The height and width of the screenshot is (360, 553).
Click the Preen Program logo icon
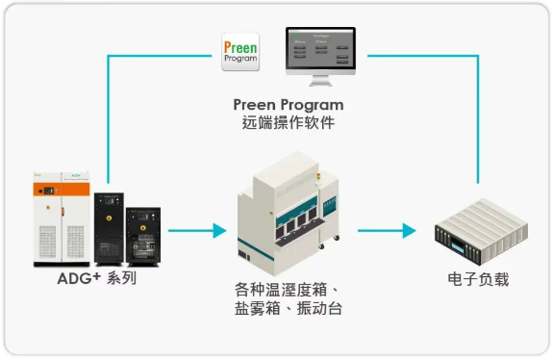click(239, 51)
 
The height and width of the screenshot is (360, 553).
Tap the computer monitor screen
click(321, 49)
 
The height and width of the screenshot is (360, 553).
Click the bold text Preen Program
click(289, 104)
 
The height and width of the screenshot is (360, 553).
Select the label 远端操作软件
click(289, 123)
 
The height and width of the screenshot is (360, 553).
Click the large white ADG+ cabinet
click(60, 219)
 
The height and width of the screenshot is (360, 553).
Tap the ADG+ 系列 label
click(97, 279)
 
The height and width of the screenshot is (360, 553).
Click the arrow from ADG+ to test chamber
click(196, 231)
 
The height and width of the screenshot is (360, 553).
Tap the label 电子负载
click(478, 279)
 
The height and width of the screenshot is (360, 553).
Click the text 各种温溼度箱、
click(287, 289)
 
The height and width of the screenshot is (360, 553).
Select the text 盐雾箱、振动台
click(287, 309)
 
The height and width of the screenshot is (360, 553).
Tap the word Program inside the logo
click(239, 60)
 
